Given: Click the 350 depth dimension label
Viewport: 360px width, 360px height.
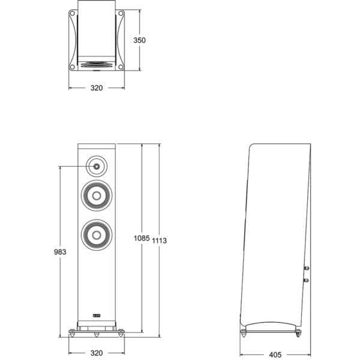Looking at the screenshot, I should tap(140, 40).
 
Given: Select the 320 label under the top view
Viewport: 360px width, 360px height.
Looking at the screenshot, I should tap(97, 88).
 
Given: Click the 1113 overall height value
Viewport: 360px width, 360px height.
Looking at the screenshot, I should tap(159, 240).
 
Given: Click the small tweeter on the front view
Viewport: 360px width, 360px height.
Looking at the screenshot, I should tap(97, 164).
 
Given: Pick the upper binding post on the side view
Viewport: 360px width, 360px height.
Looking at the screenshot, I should tap(307, 269).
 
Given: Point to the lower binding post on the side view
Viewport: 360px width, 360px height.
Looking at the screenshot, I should tap(307, 279).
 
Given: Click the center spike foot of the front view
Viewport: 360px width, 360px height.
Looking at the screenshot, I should tap(97, 332).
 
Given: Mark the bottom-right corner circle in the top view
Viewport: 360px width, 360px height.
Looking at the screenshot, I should tap(121, 67).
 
